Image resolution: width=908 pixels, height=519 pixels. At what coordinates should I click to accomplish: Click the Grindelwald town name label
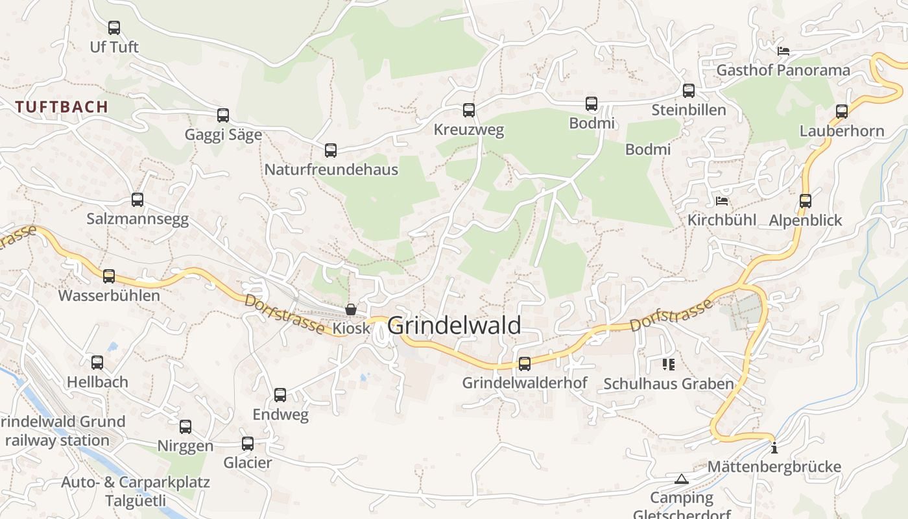(x=454, y=325)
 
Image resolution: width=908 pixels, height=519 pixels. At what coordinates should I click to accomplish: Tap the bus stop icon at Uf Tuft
(x=114, y=28)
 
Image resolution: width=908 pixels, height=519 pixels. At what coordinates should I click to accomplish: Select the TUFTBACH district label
(x=62, y=107)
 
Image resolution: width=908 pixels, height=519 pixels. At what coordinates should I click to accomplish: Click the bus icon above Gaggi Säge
(x=223, y=115)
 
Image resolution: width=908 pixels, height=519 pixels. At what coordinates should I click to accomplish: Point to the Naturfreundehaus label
(x=331, y=169)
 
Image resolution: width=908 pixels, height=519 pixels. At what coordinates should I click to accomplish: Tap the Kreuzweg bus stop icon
(x=469, y=110)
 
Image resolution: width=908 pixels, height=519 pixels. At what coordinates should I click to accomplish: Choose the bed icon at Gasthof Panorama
(x=783, y=51)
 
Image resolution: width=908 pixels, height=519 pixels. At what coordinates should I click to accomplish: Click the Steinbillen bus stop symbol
(x=689, y=91)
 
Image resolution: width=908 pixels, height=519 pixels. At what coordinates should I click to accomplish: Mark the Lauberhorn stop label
(x=841, y=131)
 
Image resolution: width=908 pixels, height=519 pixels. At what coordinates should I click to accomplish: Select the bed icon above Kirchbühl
(x=722, y=201)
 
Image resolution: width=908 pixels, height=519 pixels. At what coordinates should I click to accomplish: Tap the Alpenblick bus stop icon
(x=806, y=201)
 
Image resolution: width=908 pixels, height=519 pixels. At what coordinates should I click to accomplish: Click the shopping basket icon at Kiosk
(x=351, y=309)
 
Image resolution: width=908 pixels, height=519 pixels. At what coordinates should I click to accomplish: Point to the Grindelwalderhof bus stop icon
(x=525, y=364)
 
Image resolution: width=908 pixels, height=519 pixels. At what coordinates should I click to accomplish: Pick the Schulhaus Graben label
(x=668, y=383)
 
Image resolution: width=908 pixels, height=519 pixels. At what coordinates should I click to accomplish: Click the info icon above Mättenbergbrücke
(x=774, y=448)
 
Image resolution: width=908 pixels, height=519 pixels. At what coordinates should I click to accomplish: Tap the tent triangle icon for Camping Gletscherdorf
(x=681, y=479)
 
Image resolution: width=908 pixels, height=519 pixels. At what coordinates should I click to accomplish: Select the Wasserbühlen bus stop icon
(x=109, y=276)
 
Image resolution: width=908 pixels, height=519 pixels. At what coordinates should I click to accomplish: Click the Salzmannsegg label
(x=137, y=219)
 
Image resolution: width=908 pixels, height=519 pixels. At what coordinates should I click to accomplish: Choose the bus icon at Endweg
(x=280, y=394)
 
